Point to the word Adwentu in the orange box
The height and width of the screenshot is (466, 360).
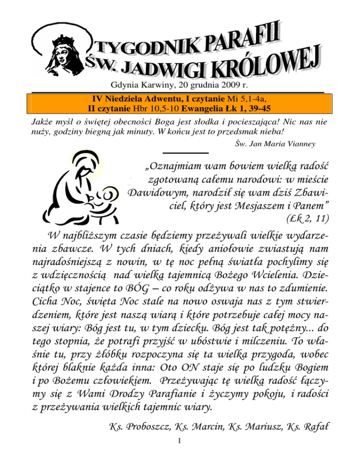157,98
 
